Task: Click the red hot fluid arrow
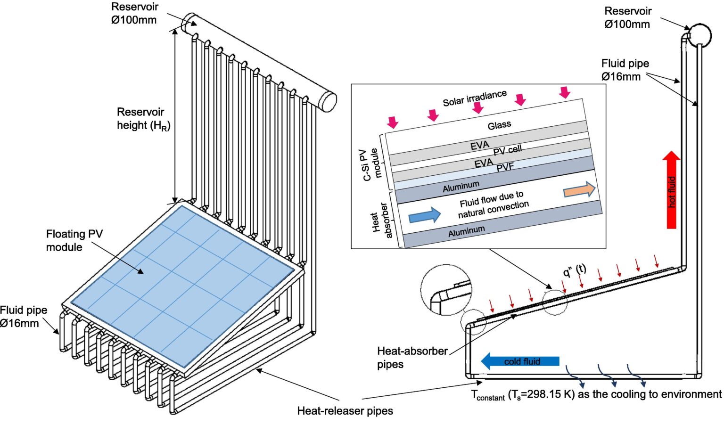pyautogui.click(x=672, y=191)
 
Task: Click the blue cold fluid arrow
pyautogui.click(x=519, y=361)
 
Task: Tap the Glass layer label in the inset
pyautogui.click(x=499, y=125)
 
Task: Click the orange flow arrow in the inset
pyautogui.click(x=579, y=190)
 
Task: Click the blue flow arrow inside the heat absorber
pyautogui.click(x=424, y=216)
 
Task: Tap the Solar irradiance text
pyautogui.click(x=474, y=98)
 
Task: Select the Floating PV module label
pyautogui.click(x=74, y=240)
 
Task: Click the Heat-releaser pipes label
pyautogui.click(x=345, y=411)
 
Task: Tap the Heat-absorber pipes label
pyautogui.click(x=411, y=358)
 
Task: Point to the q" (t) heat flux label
pyautogui.click(x=575, y=270)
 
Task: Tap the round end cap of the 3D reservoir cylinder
pyautogui.click(x=329, y=101)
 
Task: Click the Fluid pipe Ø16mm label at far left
pyautogui.click(x=24, y=317)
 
